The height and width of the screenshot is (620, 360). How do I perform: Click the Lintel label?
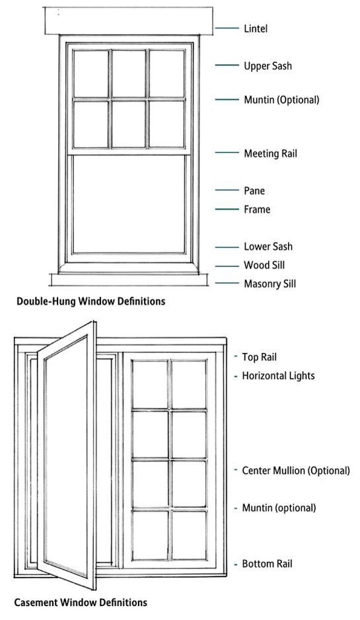click(x=256, y=28)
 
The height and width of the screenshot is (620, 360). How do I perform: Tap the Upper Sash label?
click(x=268, y=65)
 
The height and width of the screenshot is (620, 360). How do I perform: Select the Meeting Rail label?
click(x=270, y=153)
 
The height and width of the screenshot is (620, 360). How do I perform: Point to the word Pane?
click(x=254, y=190)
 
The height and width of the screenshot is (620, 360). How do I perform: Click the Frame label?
click(x=257, y=209)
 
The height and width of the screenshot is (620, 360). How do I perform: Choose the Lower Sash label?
click(x=268, y=247)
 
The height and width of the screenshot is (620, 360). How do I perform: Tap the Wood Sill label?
click(x=264, y=265)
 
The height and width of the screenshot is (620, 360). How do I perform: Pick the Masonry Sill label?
click(x=270, y=284)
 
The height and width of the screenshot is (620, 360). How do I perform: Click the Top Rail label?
click(x=259, y=357)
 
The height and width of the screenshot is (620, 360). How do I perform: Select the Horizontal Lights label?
click(x=278, y=375)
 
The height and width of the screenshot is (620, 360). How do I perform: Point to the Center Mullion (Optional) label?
click(x=296, y=471)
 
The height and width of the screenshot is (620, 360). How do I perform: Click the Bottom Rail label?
click(x=267, y=563)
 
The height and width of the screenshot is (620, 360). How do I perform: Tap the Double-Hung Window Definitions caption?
click(x=91, y=301)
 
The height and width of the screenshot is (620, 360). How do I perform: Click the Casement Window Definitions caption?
click(x=81, y=603)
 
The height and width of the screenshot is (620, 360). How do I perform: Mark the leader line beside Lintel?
click(x=227, y=28)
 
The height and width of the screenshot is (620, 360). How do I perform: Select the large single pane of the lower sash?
click(x=129, y=204)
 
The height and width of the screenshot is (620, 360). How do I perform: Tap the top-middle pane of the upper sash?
click(x=129, y=73)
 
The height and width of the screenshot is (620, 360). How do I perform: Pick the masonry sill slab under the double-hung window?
click(x=129, y=280)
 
